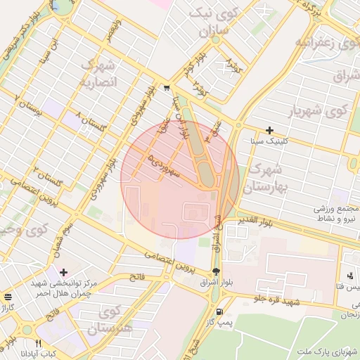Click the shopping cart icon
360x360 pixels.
[x=166, y=88]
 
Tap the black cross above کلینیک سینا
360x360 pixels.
[x=270, y=130]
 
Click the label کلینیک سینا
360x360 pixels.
[x=270, y=141]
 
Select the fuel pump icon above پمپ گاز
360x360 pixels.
[x=221, y=311]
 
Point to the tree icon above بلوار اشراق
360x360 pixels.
[x=216, y=271]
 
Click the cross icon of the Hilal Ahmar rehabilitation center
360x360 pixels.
[x=63, y=272]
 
